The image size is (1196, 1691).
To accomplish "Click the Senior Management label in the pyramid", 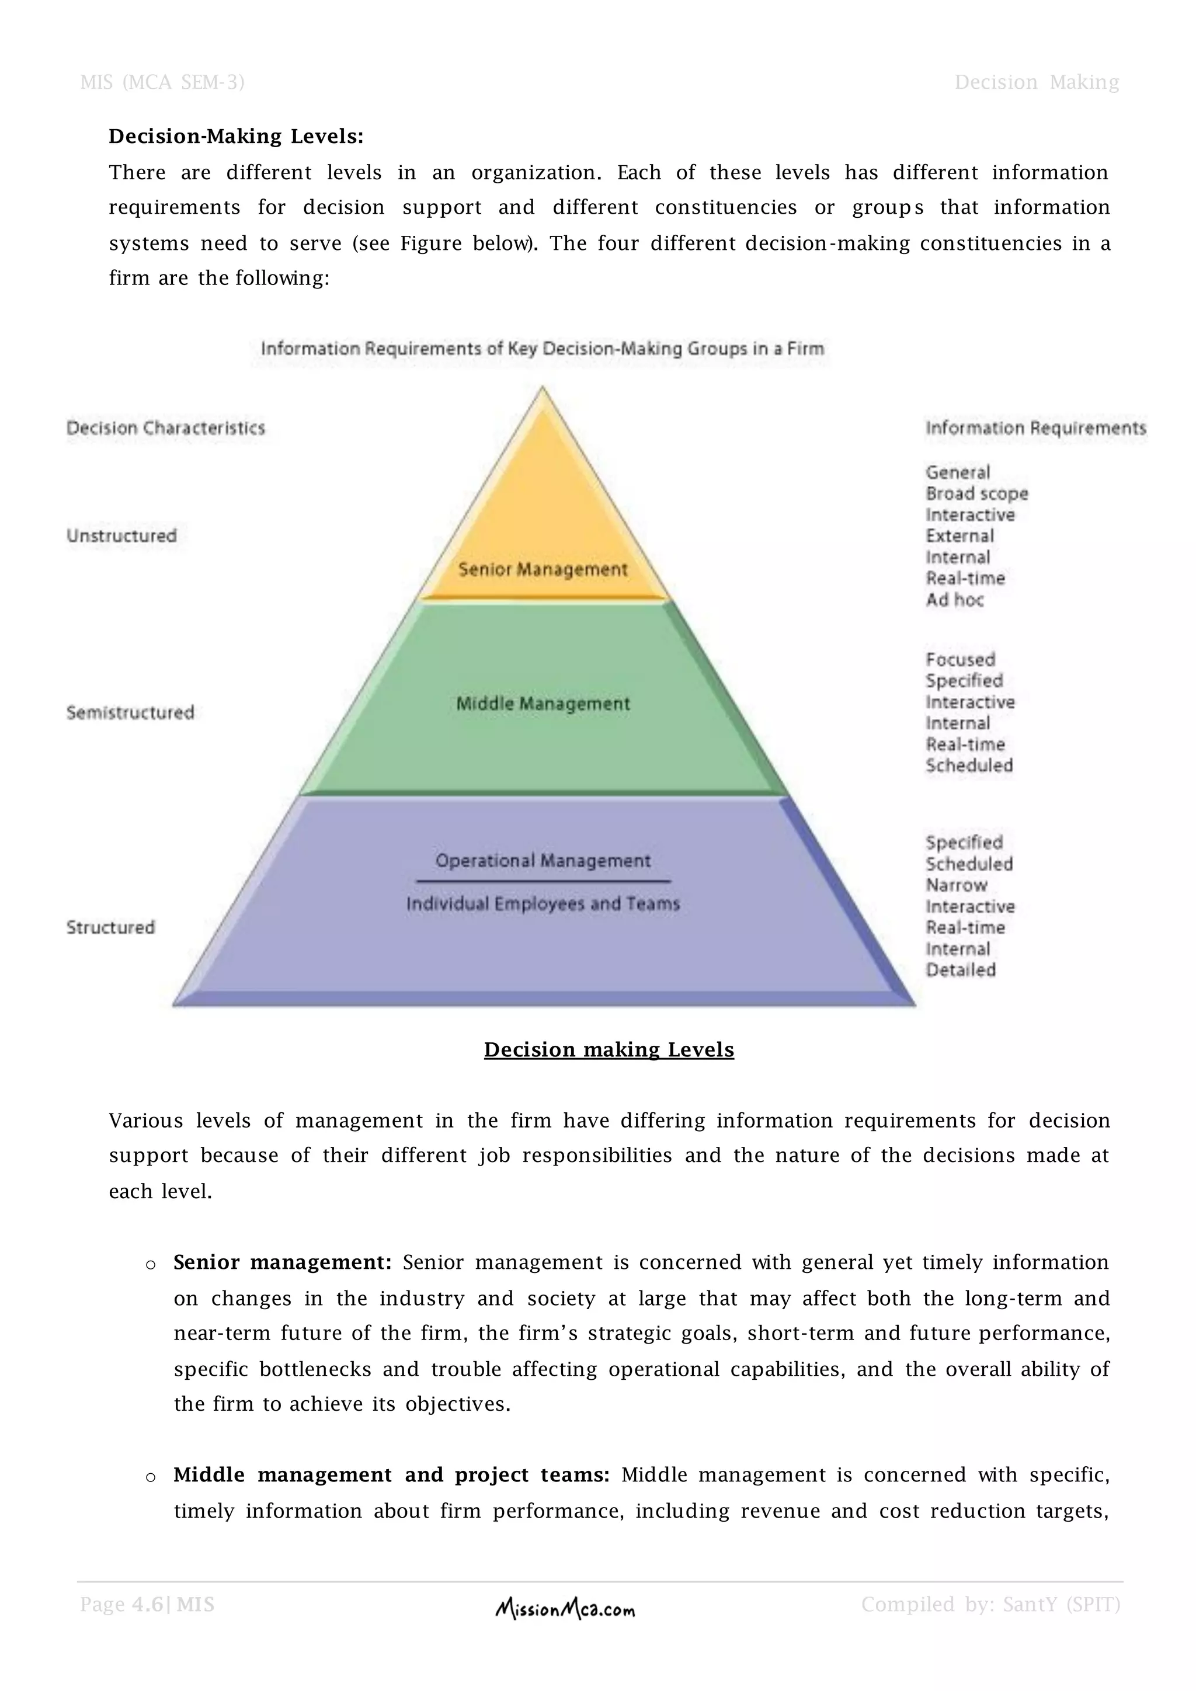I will point(543,569).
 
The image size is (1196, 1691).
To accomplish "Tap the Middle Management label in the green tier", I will point(543,704).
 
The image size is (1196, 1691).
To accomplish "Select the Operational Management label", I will point(543,861).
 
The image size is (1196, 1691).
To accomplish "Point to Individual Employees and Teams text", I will point(543,904).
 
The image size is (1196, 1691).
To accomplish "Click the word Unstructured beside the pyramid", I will point(121,536).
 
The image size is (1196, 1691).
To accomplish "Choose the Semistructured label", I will point(130,713).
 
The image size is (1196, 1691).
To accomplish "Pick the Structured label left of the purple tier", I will point(110,927).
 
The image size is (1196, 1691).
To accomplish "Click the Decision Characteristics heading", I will point(166,429).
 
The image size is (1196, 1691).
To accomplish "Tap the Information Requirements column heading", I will point(1035,429).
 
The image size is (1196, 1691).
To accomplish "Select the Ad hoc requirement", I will point(954,600).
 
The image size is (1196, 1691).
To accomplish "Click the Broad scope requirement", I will point(976,494).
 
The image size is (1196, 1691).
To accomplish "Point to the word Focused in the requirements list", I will point(960,660).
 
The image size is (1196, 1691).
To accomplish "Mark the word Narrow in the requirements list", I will point(956,885).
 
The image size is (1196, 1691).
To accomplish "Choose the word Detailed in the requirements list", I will point(960,970).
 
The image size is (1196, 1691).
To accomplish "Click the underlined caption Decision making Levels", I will point(609,1049).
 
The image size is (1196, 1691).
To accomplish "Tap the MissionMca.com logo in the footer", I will point(565,1610).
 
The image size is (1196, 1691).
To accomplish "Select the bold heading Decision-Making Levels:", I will point(237,136).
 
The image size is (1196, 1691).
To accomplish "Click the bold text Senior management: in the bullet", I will point(283,1262).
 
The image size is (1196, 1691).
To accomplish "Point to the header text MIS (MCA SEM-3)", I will point(162,82).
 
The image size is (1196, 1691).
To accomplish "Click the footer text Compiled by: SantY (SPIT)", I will point(990,1605).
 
